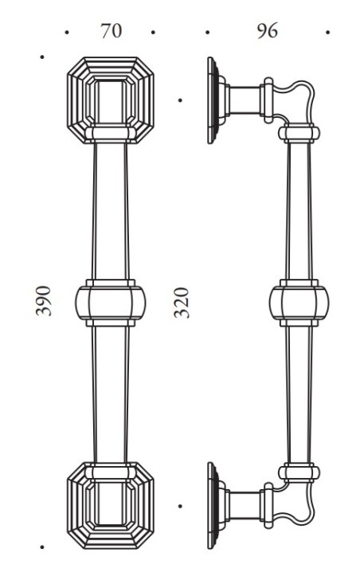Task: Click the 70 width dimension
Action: tap(111, 31)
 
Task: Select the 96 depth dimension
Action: tap(266, 31)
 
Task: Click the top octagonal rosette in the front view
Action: tap(111, 100)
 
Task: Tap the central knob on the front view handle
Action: tap(111, 302)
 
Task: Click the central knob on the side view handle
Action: tap(299, 303)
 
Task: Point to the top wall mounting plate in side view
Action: tap(212, 100)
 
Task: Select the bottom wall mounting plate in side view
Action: tap(212, 504)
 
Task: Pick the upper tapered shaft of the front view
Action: tap(111, 211)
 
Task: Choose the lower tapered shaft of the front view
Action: tap(111, 394)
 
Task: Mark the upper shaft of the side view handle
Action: tap(299, 211)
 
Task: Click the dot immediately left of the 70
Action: tap(68, 33)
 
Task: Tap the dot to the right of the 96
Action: tap(328, 33)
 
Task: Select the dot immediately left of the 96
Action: tap(207, 33)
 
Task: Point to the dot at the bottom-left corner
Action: tap(41, 549)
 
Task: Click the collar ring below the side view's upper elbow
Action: tap(299, 133)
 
